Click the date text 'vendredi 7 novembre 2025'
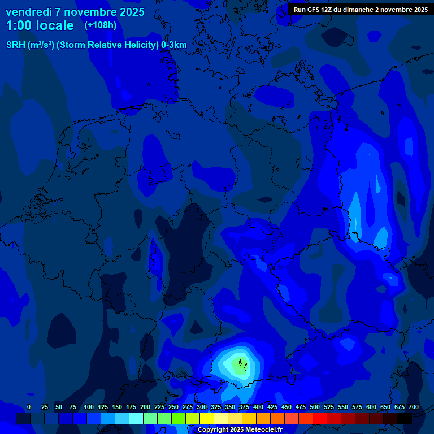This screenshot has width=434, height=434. point(75,12)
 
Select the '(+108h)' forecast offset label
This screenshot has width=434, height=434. point(100,25)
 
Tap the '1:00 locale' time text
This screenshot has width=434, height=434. point(40,26)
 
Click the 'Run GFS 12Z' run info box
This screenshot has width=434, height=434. point(360,9)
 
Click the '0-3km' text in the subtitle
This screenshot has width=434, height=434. point(174,45)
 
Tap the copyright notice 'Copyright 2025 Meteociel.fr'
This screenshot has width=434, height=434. point(240,430)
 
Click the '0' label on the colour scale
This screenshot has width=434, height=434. point(29,407)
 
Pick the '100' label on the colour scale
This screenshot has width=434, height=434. point(89,407)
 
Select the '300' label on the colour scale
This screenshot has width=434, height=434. point(202,407)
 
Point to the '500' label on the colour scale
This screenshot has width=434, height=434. point(315,407)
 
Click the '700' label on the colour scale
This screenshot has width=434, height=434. point(414,407)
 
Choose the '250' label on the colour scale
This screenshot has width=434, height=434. point(173,407)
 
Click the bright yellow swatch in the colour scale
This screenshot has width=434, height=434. point(207,418)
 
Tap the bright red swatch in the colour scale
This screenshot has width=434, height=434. point(320,418)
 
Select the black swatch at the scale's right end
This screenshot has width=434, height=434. point(405,418)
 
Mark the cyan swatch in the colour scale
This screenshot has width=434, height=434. point(136,418)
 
